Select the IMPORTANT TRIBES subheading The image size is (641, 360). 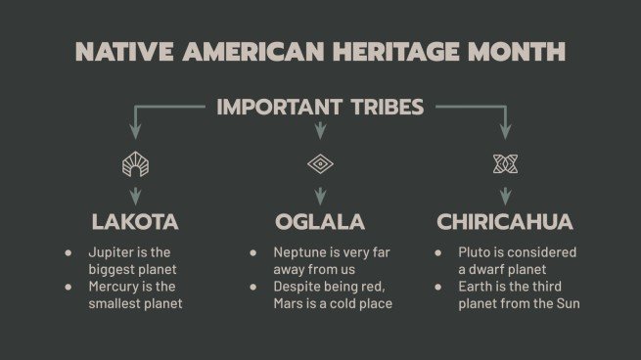click(x=320, y=107)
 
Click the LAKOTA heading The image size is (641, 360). click(x=135, y=221)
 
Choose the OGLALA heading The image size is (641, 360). click(x=320, y=221)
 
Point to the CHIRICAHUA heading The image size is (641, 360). click(x=505, y=221)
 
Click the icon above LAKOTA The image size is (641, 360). click(x=135, y=163)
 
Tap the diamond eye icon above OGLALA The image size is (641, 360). click(x=320, y=163)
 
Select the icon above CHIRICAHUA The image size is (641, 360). click(x=505, y=163)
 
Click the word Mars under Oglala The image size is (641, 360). click(x=290, y=304)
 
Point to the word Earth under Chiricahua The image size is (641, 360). click(x=476, y=287)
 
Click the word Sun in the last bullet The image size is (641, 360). click(x=568, y=304)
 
